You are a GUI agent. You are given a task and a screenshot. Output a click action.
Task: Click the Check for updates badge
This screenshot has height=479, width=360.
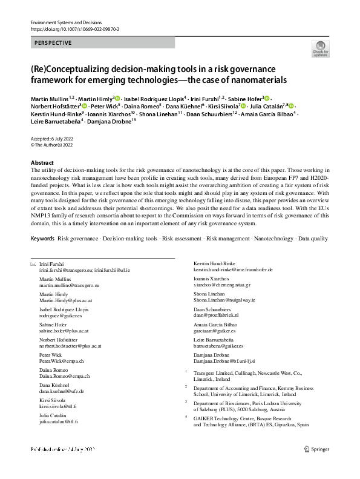(320, 49)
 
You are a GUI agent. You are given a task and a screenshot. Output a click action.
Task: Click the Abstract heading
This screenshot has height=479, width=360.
(42, 164)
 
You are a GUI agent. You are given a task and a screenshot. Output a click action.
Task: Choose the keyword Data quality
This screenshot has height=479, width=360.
(313, 239)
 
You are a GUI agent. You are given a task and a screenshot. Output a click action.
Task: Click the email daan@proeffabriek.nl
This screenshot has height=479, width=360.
(216, 315)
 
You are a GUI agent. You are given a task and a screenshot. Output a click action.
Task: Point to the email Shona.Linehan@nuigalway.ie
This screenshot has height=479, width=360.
(224, 300)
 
